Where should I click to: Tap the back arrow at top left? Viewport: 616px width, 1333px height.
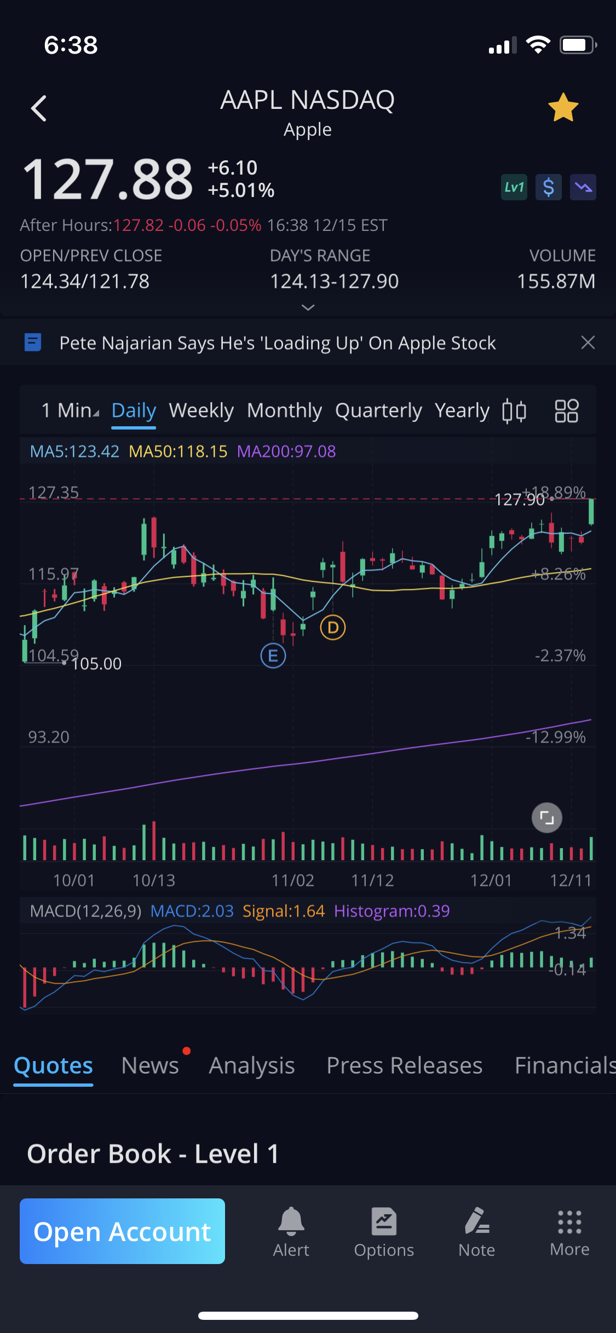point(39,108)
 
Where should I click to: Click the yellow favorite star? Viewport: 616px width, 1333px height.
point(563,107)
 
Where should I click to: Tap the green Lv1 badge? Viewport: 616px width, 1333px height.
point(514,188)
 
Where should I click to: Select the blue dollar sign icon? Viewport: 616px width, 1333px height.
point(548,188)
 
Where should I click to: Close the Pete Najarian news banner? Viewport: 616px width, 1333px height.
point(588,343)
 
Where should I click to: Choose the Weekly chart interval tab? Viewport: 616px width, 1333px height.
point(201,410)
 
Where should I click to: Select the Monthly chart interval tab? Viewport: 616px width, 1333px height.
point(284,410)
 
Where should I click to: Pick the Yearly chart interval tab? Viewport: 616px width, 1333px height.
point(462,410)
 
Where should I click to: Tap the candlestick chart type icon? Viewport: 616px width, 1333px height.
point(514,411)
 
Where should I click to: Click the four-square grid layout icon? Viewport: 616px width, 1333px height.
point(566,411)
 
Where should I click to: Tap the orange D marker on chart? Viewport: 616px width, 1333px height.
point(333,627)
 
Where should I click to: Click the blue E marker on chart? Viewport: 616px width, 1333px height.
point(273,656)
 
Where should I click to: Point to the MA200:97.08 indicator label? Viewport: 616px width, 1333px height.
point(286,451)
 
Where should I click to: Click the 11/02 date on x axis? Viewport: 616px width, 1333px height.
point(293,880)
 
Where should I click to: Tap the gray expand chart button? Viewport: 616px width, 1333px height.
point(547,818)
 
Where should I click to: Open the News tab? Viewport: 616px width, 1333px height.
point(150,1065)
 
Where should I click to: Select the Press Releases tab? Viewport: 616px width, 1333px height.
point(404,1065)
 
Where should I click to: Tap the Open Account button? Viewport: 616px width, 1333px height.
point(122,1231)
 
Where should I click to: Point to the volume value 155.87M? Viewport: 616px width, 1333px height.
point(556,281)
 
